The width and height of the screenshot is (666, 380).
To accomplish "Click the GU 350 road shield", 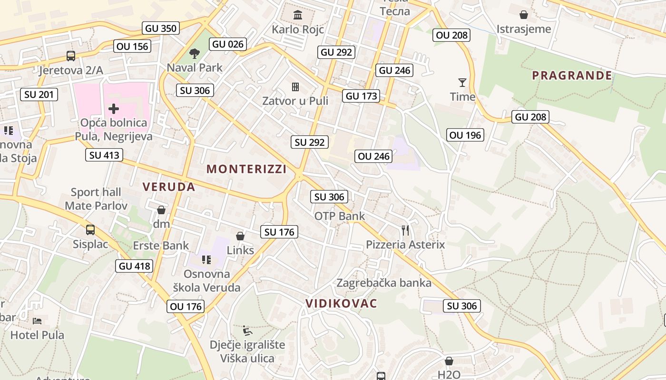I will click(x=161, y=28).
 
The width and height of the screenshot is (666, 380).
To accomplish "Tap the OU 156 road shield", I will click(x=132, y=46).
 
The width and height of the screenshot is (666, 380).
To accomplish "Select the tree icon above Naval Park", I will click(x=194, y=53).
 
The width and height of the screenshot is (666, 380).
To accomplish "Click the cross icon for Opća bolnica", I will click(x=114, y=109).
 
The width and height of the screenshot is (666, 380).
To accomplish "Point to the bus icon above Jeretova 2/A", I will click(x=71, y=56).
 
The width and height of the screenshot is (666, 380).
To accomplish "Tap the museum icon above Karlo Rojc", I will click(x=298, y=15).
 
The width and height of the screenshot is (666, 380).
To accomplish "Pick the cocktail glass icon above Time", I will click(x=462, y=83).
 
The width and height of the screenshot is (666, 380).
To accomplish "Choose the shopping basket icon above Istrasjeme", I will click(x=524, y=15).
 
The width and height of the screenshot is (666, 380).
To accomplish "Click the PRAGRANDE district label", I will click(x=572, y=75).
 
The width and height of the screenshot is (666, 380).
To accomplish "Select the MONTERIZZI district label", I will click(x=246, y=169).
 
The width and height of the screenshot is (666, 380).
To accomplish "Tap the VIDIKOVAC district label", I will click(x=341, y=304).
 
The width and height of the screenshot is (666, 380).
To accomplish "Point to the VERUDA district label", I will click(x=169, y=187).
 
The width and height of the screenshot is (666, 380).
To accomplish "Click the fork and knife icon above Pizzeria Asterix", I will click(x=405, y=230).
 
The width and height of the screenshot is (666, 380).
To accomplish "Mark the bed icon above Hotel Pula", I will click(x=37, y=321).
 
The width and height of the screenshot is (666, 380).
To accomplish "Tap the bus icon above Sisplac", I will click(x=90, y=230).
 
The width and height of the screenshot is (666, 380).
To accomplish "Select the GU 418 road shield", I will click(x=135, y=266).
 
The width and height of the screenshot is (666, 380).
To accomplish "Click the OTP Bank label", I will click(x=340, y=216).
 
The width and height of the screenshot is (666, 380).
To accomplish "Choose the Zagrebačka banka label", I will click(x=384, y=283).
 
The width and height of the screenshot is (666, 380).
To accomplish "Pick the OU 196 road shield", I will click(x=465, y=135).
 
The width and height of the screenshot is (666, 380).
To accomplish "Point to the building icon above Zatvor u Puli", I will click(x=295, y=86).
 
